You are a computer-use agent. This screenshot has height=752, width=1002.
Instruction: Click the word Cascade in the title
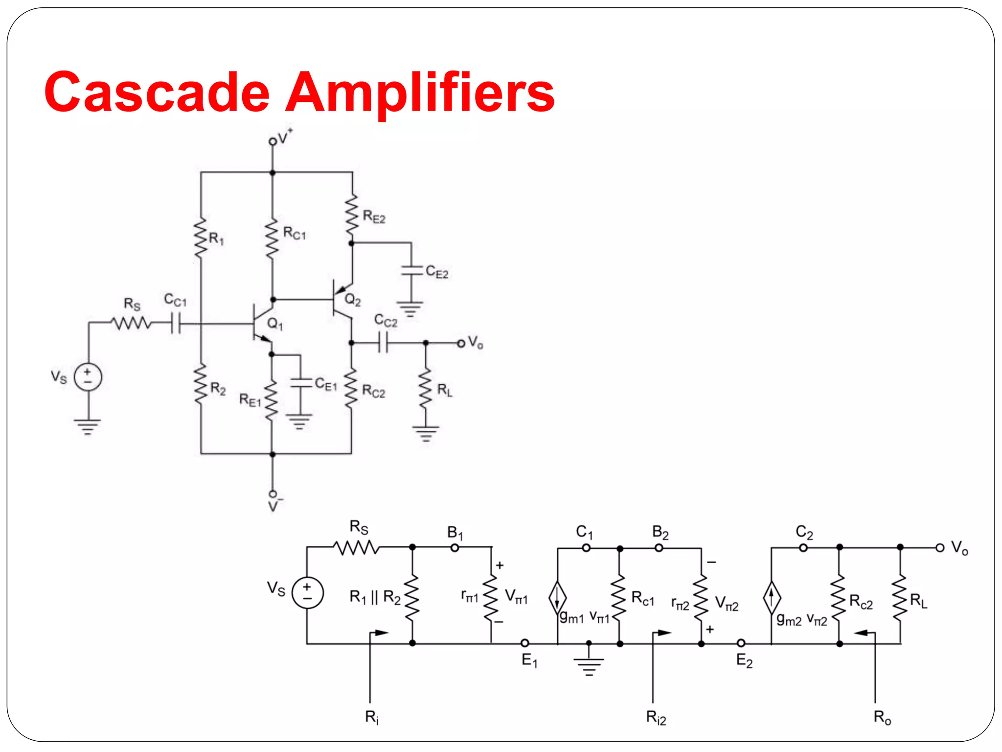157,92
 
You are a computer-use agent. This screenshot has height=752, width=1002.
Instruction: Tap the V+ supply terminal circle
273,141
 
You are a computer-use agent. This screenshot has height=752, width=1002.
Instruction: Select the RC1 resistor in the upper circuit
272,238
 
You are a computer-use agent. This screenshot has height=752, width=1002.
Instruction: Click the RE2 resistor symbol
352,215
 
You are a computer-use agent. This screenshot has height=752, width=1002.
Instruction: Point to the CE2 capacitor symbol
411,271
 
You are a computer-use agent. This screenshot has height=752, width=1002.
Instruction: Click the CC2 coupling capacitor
384,343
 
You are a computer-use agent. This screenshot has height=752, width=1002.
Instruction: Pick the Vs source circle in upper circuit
88,377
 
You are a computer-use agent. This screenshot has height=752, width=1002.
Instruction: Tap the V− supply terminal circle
273,493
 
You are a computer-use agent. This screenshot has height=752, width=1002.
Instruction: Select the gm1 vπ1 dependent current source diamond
557,597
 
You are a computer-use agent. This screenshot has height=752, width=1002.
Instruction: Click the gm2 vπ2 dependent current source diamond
772,597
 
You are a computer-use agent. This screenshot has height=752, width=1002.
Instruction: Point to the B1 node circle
455,547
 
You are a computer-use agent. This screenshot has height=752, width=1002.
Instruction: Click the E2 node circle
741,643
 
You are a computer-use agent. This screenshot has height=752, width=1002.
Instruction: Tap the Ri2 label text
656,718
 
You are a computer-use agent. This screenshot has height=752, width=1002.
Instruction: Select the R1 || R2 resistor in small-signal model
412,597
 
